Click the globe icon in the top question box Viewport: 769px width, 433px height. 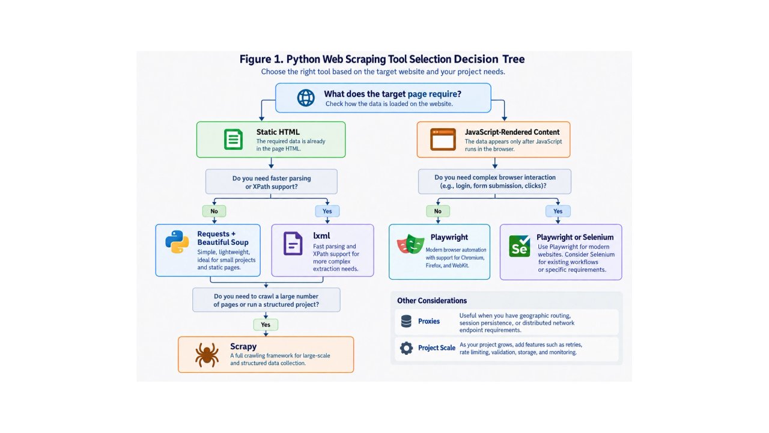point(306,97)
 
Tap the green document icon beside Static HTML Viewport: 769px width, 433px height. point(234,139)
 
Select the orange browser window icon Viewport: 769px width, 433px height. point(443,140)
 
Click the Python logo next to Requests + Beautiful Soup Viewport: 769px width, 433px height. point(177,242)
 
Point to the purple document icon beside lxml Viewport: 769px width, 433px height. point(293,244)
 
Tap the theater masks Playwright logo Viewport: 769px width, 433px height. point(410,244)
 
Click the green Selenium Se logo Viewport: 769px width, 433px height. point(520,246)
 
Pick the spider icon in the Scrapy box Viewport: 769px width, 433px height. point(207,355)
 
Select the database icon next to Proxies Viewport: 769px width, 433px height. point(406,321)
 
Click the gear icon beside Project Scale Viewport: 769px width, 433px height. point(406,348)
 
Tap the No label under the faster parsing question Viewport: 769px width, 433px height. point(214,211)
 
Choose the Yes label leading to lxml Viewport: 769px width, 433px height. point(327,211)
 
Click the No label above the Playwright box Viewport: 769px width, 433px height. point(438,211)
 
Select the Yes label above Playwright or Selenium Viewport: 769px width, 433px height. point(558,211)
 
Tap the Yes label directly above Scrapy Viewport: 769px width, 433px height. point(266,325)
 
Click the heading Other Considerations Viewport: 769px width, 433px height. point(432,301)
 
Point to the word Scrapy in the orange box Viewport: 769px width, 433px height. point(243,346)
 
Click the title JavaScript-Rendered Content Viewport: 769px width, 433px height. point(512,132)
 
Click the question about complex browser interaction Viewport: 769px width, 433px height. point(494,182)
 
